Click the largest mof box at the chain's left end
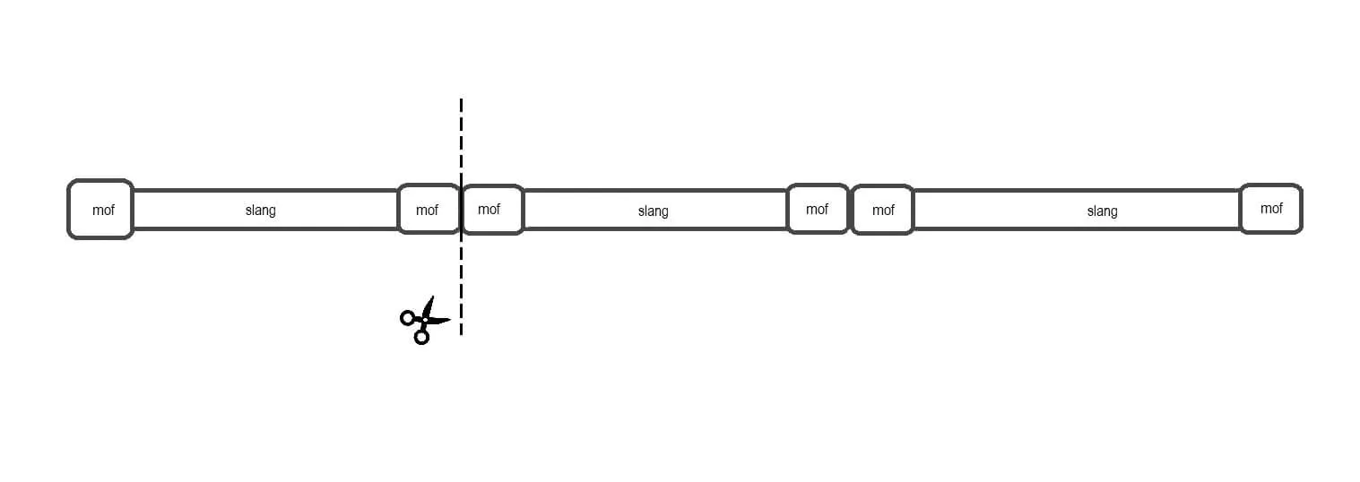tap(100, 210)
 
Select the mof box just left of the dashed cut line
tap(429, 209)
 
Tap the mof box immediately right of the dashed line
tap(492, 210)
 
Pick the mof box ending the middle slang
tap(818, 209)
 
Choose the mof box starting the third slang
tap(883, 210)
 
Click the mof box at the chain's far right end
tap(1271, 209)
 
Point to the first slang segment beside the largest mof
tap(265, 210)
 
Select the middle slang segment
tap(655, 210)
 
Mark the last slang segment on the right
tap(1077, 210)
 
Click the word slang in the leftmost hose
tap(261, 211)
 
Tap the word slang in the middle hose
tap(654, 211)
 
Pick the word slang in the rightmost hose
tap(1102, 211)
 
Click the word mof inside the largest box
tap(103, 210)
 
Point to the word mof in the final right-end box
tap(1271, 209)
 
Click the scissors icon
tap(425, 320)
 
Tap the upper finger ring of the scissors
tap(407, 317)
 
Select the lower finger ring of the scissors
tap(421, 337)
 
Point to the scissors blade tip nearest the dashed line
tap(451, 319)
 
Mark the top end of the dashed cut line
tap(462, 99)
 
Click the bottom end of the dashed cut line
tap(462, 334)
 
